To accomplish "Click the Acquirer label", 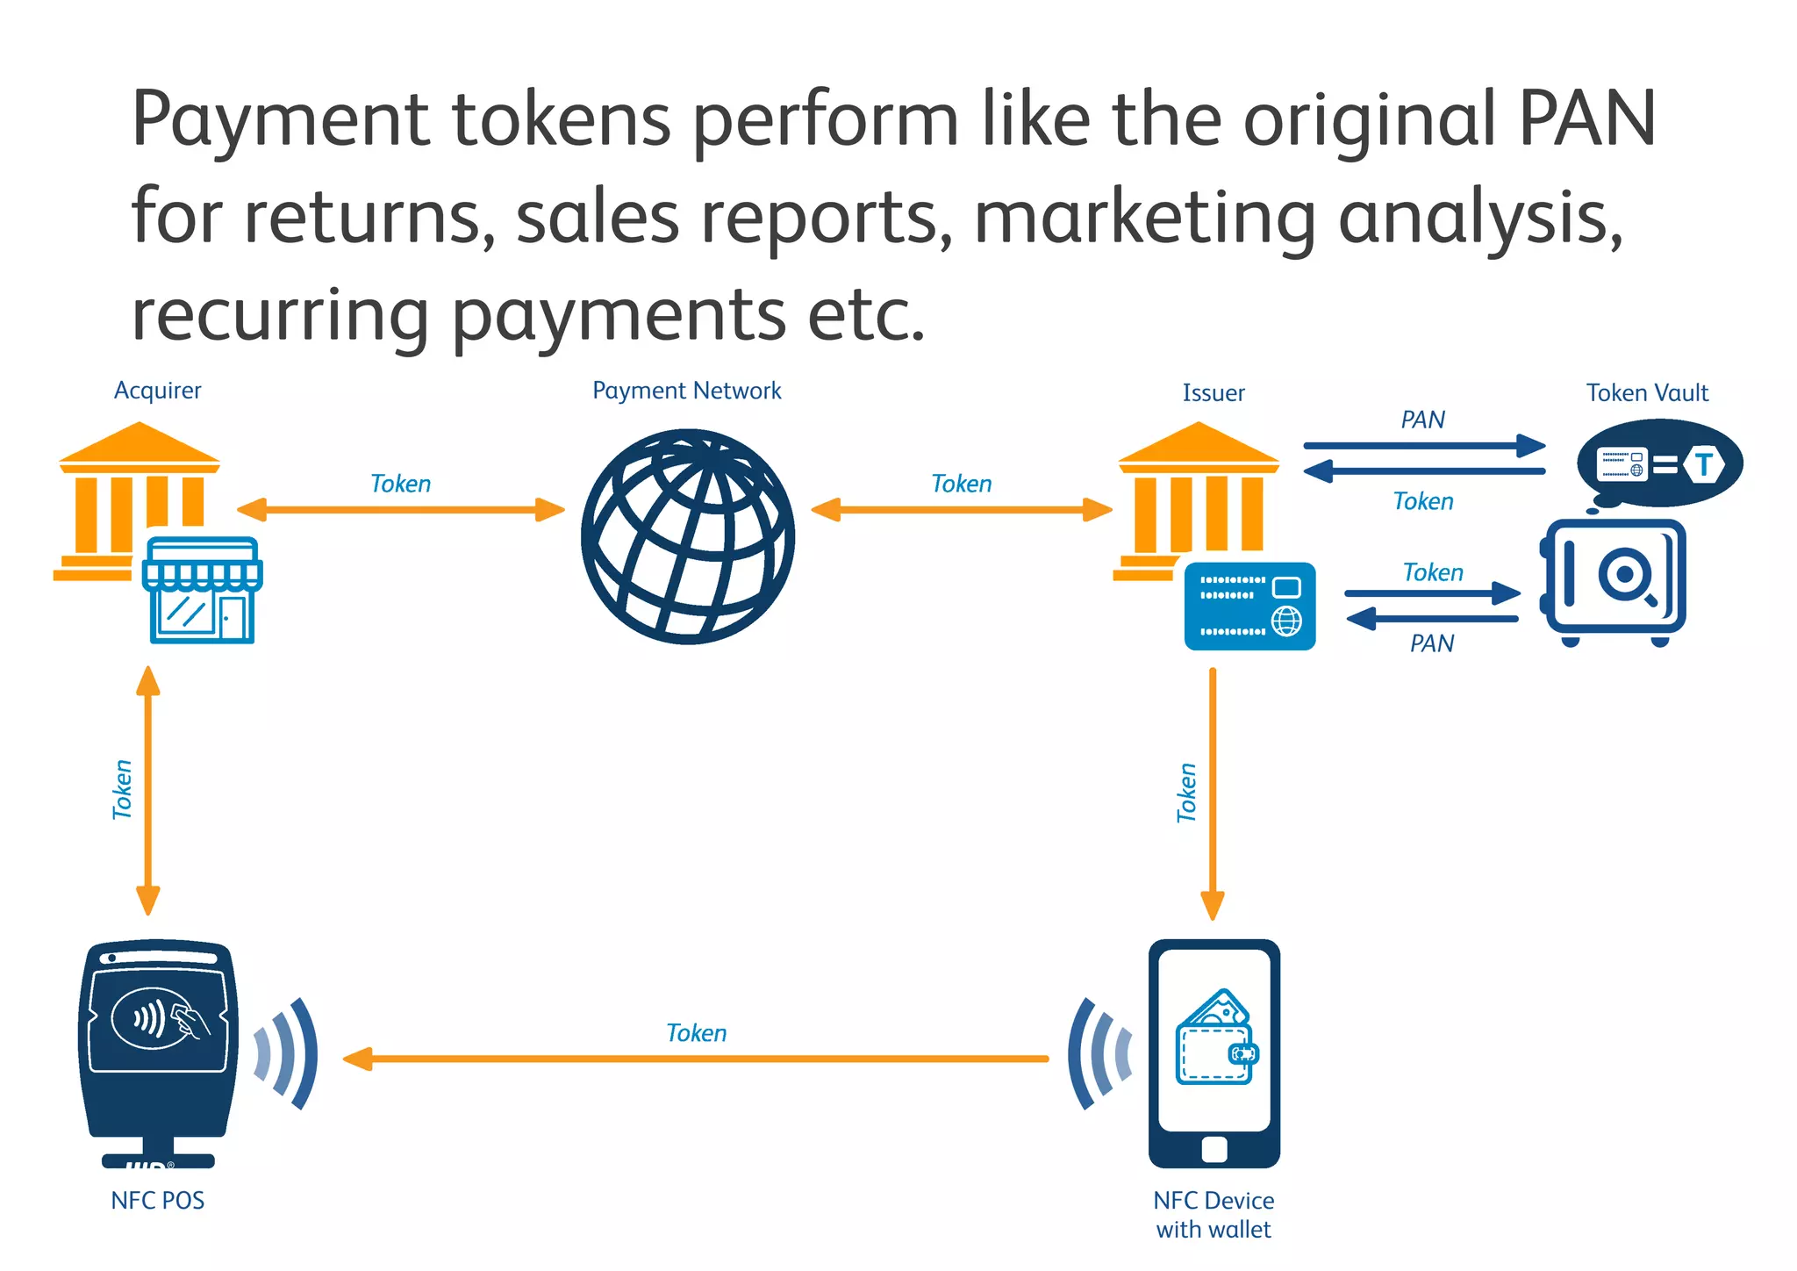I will tap(158, 391).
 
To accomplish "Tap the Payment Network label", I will tap(686, 391).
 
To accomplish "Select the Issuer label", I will tap(1213, 393).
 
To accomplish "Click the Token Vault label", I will tap(1647, 393).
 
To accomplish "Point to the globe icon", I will tap(688, 536).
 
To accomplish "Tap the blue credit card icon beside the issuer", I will tap(1249, 607).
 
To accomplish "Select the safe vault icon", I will tap(1614, 580).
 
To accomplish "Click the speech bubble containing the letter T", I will tap(1658, 463).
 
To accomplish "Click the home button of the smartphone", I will tap(1214, 1149).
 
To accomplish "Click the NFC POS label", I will tap(158, 1201).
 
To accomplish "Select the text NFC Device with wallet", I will tap(1214, 1215).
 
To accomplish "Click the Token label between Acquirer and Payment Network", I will tap(400, 485).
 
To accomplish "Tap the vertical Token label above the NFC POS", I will tap(122, 790).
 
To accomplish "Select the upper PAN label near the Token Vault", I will tap(1422, 420).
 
